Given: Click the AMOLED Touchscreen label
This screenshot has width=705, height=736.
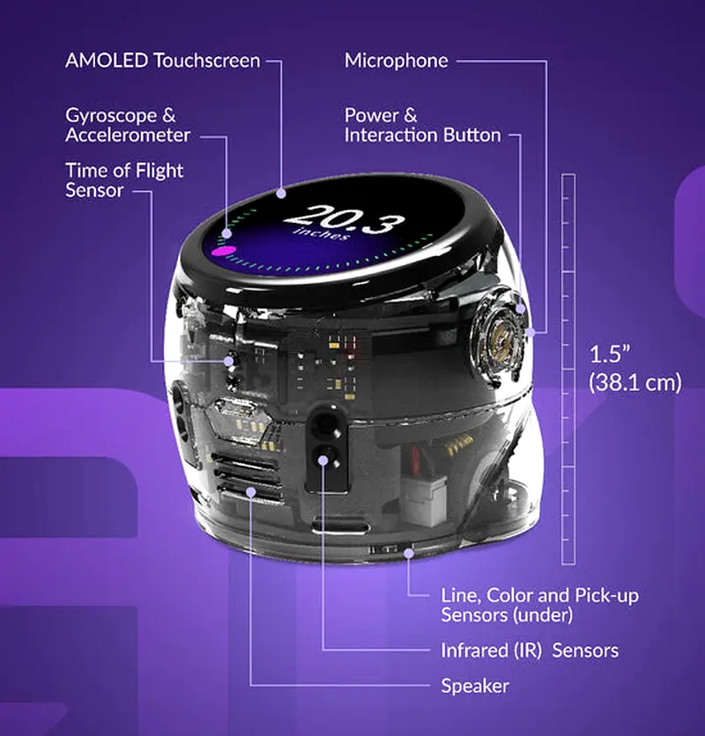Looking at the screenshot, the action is pyautogui.click(x=163, y=61).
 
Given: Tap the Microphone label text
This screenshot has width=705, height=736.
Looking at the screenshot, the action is pyautogui.click(x=397, y=61).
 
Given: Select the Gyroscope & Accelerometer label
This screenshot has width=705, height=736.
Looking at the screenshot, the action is pyautogui.click(x=128, y=125).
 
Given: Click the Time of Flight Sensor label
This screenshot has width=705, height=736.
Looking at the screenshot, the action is pyautogui.click(x=124, y=180).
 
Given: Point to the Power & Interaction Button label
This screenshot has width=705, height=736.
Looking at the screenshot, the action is pyautogui.click(x=422, y=125).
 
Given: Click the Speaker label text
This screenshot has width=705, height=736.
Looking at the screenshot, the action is pyautogui.click(x=475, y=686).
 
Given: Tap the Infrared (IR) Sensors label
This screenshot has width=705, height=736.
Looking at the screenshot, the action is pyautogui.click(x=530, y=651).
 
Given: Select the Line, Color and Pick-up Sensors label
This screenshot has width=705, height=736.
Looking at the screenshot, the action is pyautogui.click(x=539, y=605).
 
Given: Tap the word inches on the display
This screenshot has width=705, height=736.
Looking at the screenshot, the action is pyautogui.click(x=322, y=232).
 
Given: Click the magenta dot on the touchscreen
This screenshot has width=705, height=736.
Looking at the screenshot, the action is pyautogui.click(x=223, y=251).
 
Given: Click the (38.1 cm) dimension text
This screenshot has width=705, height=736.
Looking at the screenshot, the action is pyautogui.click(x=635, y=382).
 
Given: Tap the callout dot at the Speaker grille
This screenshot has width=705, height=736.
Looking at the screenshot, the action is pyautogui.click(x=251, y=492).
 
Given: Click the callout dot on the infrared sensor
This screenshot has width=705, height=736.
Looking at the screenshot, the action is pyautogui.click(x=323, y=460).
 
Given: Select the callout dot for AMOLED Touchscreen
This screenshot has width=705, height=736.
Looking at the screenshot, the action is pyautogui.click(x=281, y=193).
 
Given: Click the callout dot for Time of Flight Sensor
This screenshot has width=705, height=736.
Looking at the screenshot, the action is pyautogui.click(x=228, y=361).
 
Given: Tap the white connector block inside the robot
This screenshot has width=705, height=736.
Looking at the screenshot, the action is pyautogui.click(x=424, y=500).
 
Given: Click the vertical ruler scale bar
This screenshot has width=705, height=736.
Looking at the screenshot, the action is pyautogui.click(x=568, y=369).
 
